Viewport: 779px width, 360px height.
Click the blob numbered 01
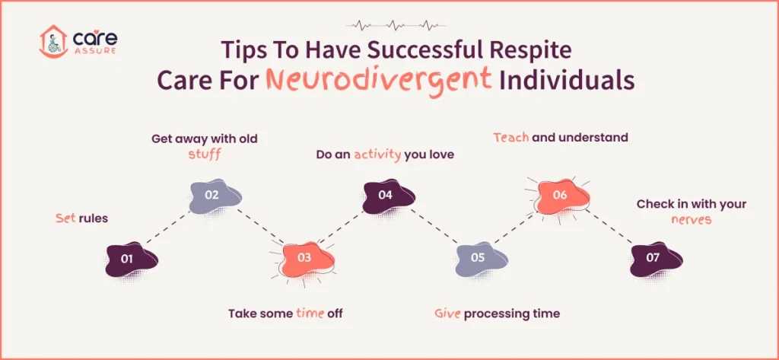(x=129, y=260)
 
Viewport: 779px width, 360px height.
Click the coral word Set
(x=65, y=218)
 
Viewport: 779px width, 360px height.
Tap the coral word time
(x=309, y=313)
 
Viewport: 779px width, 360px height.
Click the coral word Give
(x=447, y=313)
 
